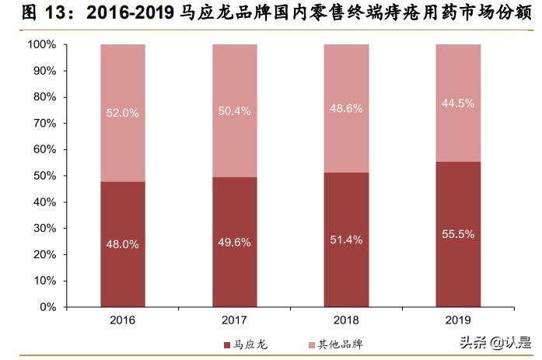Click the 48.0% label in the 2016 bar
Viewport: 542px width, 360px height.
[123, 244]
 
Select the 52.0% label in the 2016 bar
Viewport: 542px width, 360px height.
[123, 113]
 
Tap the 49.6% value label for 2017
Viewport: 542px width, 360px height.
[234, 243]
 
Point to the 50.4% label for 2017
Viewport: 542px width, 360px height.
[234, 111]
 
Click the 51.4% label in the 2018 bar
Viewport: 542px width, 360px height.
[346, 239]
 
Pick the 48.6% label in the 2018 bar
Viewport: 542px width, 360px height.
[346, 109]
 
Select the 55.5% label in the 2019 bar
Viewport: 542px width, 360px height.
[457, 233]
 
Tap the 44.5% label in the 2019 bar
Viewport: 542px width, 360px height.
[457, 103]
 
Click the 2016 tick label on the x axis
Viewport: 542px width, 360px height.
[123, 320]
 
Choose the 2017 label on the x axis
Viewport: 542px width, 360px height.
[234, 320]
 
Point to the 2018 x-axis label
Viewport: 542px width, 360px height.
[346, 320]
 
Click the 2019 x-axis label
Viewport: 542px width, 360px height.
[457, 320]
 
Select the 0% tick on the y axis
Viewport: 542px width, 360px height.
[48, 307]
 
